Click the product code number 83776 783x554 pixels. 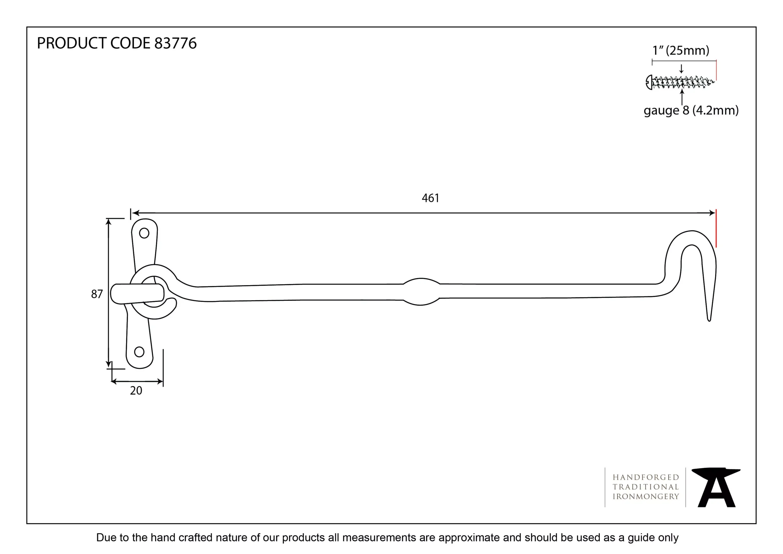coord(175,43)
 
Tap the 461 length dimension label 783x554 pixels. coord(430,198)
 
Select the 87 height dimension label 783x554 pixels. coord(97,294)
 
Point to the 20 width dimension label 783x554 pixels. coord(136,391)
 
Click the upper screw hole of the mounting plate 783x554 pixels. coord(144,233)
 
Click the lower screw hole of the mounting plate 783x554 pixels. coord(139,352)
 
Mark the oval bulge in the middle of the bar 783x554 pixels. coord(421,291)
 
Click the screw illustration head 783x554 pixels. coord(649,82)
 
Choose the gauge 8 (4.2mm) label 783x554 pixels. coord(691,110)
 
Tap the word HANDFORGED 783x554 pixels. coord(646,477)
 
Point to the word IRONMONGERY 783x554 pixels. coord(646,497)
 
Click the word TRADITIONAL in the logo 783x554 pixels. coord(646,487)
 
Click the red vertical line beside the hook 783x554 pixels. coord(716,229)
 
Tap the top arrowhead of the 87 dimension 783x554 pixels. coord(109,221)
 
